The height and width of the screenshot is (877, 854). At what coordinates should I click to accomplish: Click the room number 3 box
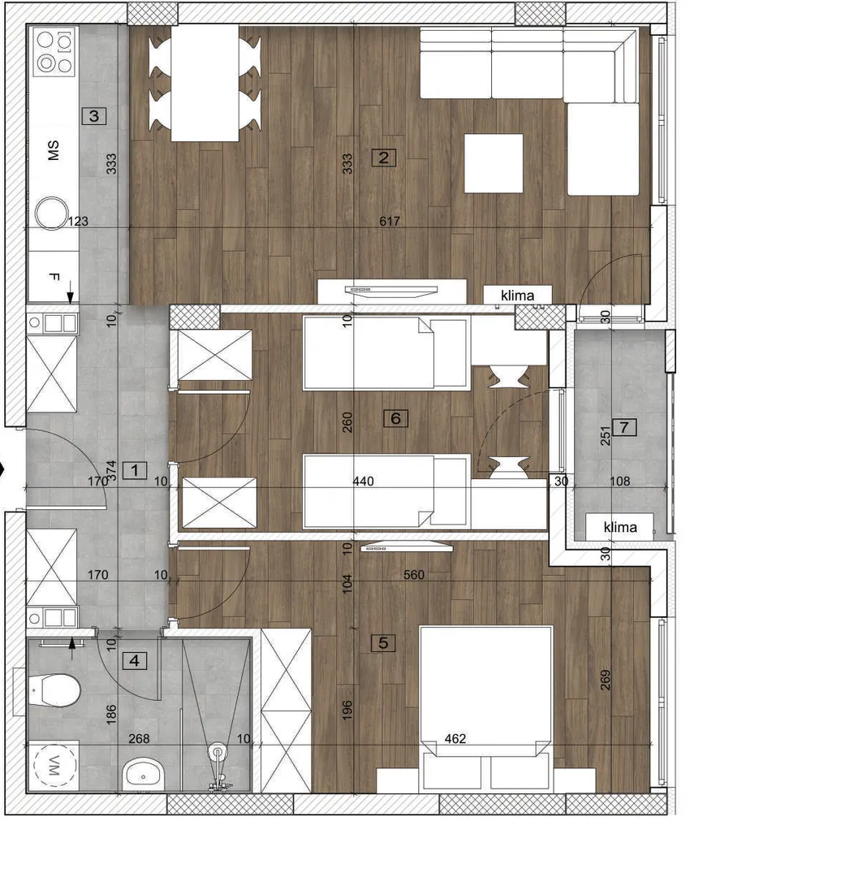coord(94,116)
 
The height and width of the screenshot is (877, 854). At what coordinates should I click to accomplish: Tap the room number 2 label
coord(384,158)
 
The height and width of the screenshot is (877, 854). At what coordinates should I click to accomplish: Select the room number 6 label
coord(396,418)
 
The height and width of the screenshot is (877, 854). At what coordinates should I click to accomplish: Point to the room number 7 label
coord(624,428)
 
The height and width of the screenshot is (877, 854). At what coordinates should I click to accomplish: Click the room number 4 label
coord(134,661)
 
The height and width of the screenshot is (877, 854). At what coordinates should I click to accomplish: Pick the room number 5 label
coord(383,643)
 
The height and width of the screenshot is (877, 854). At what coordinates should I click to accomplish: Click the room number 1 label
coord(135,470)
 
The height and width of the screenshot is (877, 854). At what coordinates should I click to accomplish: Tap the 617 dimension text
coord(389,221)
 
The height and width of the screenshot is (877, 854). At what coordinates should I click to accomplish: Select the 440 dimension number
coord(363,481)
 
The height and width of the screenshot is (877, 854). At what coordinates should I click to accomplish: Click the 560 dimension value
coord(414,574)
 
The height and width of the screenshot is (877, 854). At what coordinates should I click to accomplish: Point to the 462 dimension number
coord(455,739)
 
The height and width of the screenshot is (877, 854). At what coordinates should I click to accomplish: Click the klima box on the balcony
coord(619,527)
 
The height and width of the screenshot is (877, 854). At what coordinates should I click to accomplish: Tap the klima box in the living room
coord(518,296)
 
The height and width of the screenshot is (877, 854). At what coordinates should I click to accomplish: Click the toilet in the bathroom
coord(54,690)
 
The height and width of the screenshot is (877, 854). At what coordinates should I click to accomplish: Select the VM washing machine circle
coord(54,766)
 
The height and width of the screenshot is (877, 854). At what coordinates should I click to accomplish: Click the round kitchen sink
coord(51,213)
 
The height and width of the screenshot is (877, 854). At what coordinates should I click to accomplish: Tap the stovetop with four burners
coord(55,53)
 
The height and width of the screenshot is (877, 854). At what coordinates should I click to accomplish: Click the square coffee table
coord(494,163)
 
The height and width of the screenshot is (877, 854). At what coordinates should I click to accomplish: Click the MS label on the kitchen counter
coord(53,150)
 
